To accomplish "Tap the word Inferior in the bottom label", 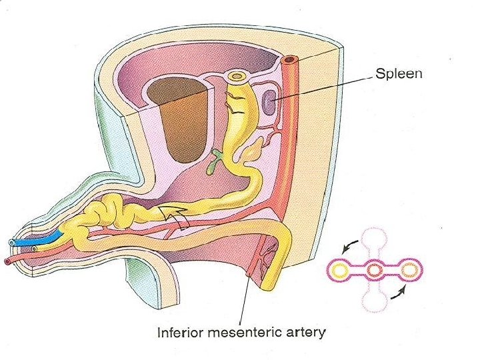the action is click(179, 331).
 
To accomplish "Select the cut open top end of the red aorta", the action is click(289, 62).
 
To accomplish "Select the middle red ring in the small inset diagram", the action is click(375, 270).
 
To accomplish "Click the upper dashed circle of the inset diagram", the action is click(375, 240).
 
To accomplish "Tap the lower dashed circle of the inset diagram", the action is click(375, 301).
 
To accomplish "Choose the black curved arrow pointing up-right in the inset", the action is click(401, 292).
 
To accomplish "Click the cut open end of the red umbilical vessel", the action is click(8, 261).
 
